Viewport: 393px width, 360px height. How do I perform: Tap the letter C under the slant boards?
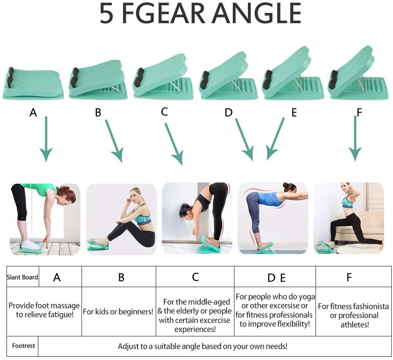[165, 111]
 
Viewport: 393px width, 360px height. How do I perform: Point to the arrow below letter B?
[114, 140]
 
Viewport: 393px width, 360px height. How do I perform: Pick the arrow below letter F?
[355, 138]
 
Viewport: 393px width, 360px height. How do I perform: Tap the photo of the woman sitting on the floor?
[122, 219]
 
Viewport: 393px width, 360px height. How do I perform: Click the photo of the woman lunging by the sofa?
[349, 219]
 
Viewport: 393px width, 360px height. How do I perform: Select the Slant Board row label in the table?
[22, 277]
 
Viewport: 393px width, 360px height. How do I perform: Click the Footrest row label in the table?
[23, 346]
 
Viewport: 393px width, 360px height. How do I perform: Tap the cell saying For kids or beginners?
[118, 312]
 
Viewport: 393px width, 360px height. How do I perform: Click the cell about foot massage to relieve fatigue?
[44, 310]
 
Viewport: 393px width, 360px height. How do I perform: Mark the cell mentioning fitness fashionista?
[353, 315]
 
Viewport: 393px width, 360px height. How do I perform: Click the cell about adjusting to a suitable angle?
[203, 347]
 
